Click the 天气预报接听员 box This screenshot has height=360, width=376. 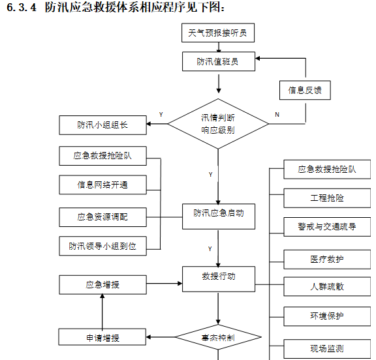(x=217, y=33)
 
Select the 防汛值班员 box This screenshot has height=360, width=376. (x=217, y=62)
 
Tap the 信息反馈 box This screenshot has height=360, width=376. (x=305, y=91)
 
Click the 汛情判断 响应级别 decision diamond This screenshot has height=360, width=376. (x=218, y=123)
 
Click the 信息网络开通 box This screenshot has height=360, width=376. (x=102, y=185)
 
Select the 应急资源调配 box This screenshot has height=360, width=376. (x=102, y=217)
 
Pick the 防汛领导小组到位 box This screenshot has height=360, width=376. (x=102, y=246)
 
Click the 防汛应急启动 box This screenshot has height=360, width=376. (x=218, y=213)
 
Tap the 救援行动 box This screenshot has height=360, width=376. (x=218, y=277)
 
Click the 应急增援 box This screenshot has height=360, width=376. (x=102, y=284)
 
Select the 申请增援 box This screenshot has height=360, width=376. (x=102, y=337)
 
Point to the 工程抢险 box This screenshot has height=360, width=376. (x=327, y=198)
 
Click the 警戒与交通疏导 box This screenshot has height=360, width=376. (x=327, y=227)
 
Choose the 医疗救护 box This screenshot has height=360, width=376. (x=327, y=259)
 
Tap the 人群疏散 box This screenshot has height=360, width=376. (x=327, y=286)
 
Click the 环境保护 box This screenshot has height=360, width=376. (x=327, y=316)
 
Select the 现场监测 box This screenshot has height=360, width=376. (x=327, y=348)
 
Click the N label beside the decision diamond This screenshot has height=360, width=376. (x=277, y=115)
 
